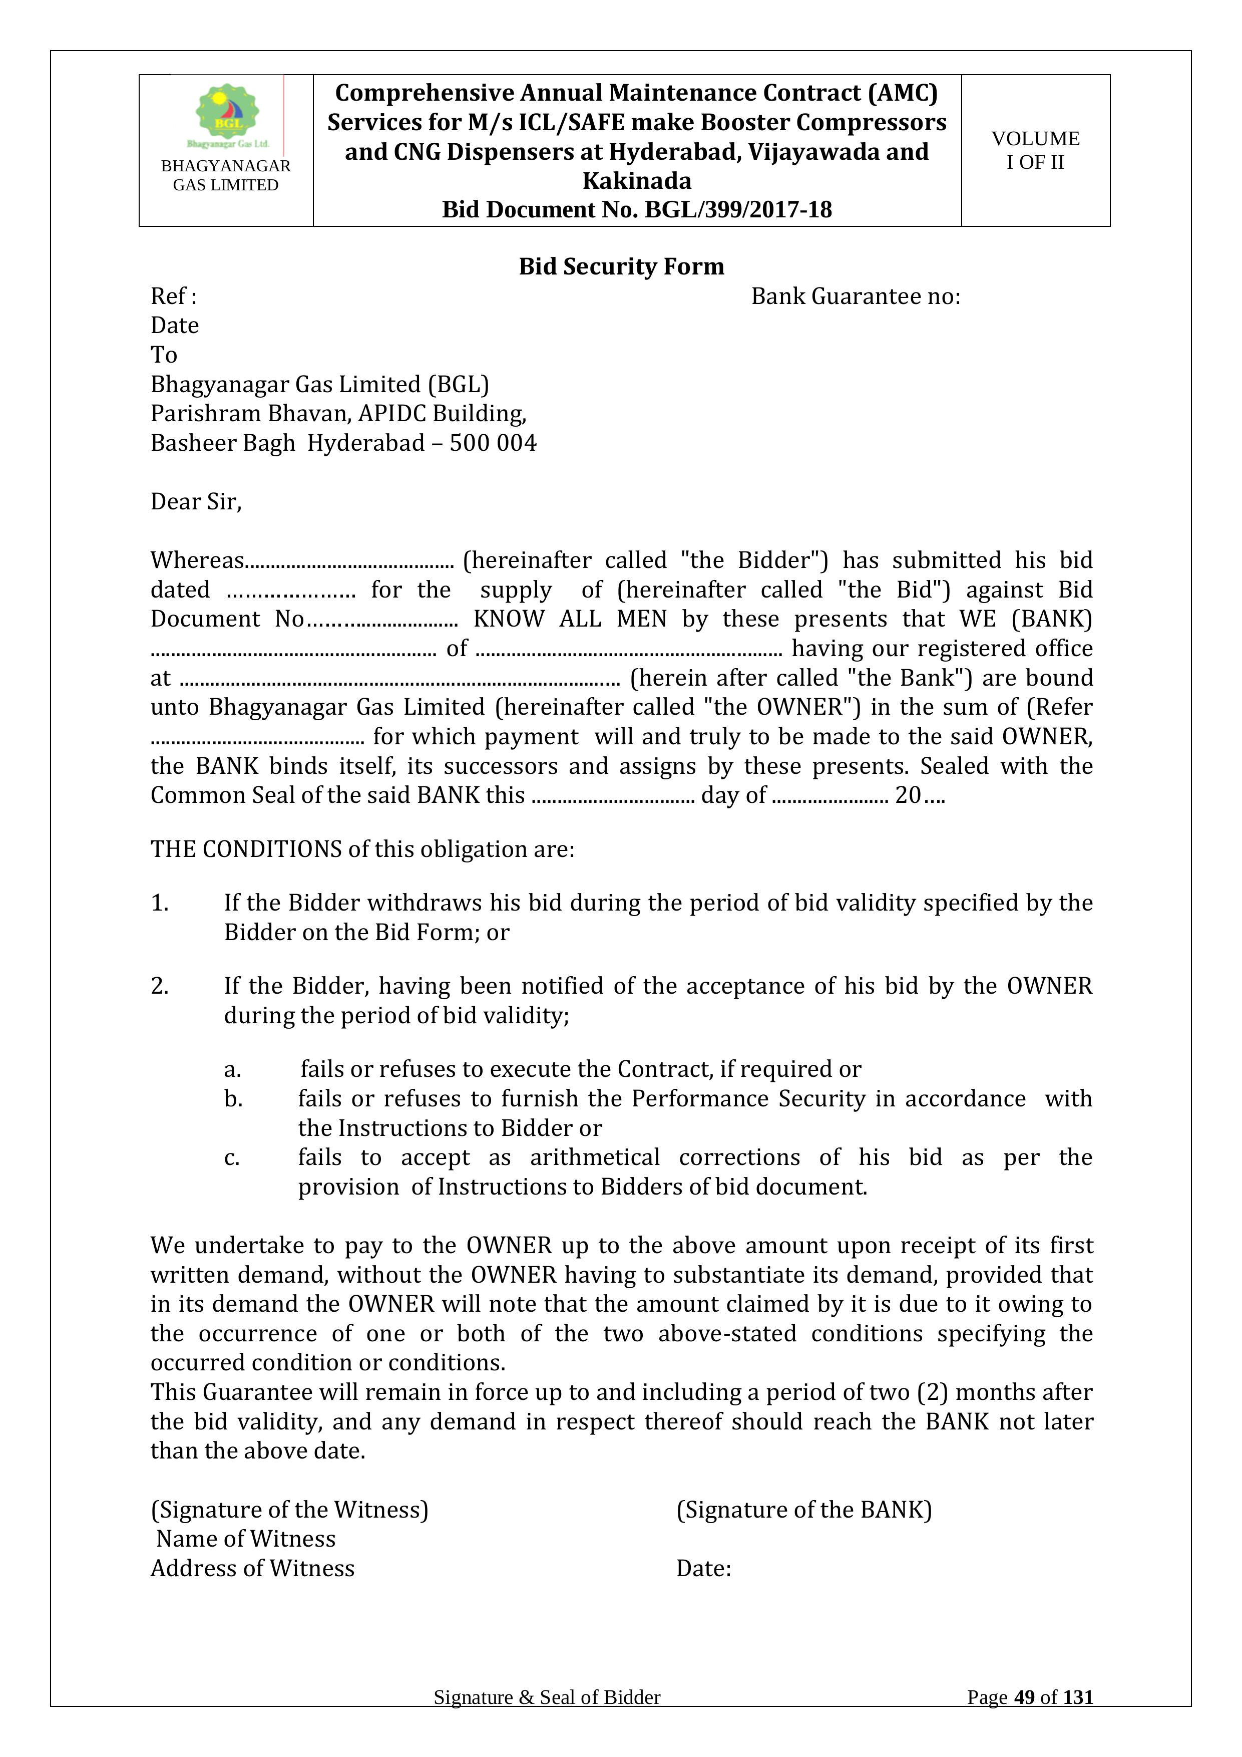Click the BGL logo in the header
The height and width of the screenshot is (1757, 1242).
(x=227, y=115)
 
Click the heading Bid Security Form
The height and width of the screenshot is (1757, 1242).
(x=621, y=266)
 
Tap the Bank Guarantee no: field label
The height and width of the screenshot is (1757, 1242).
(x=855, y=296)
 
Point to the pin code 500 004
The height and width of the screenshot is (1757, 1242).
(x=493, y=443)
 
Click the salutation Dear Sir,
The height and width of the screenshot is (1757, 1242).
(x=196, y=501)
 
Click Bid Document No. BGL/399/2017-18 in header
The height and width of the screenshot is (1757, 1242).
(x=636, y=210)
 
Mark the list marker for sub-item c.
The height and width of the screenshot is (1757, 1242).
(x=232, y=1158)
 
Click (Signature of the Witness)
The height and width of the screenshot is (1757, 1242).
(x=289, y=1509)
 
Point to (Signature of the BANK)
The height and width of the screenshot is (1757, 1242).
(x=804, y=1509)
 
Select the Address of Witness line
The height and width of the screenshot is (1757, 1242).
(x=252, y=1568)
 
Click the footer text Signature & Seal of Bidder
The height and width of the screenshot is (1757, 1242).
(x=547, y=1697)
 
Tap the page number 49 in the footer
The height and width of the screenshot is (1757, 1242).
(x=1024, y=1697)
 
